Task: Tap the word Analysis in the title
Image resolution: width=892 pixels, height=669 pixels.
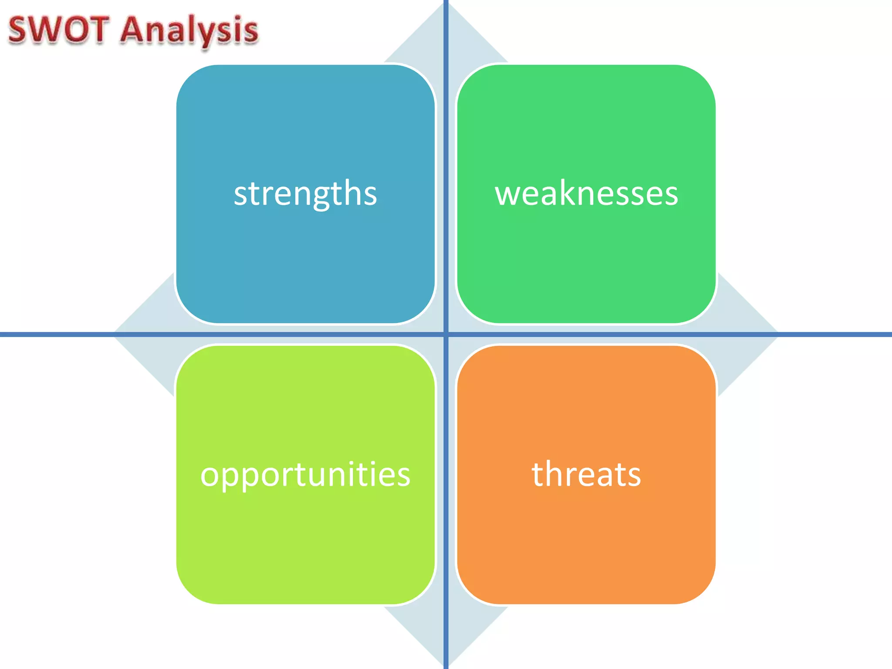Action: [189, 30]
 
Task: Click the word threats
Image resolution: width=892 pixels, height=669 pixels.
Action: [586, 474]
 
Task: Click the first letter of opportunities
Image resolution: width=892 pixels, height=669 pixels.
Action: [210, 475]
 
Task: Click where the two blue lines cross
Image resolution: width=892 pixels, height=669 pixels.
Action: [446, 334]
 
